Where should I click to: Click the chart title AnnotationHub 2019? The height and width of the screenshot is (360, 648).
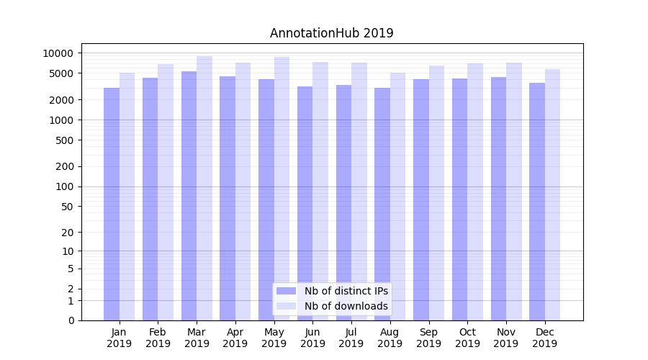[x=331, y=33]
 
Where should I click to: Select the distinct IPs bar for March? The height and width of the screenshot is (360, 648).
[x=189, y=194]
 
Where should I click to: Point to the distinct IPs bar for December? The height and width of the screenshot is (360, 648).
[x=537, y=201]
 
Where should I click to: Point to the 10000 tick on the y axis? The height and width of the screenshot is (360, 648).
[x=58, y=53]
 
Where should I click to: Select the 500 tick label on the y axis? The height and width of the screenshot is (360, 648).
[x=65, y=140]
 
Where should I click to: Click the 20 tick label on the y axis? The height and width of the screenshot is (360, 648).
[x=68, y=233]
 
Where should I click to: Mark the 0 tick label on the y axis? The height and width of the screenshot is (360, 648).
[x=71, y=320]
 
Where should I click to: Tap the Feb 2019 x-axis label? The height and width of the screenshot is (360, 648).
[x=158, y=338]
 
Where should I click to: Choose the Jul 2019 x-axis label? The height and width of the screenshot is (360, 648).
[x=351, y=338]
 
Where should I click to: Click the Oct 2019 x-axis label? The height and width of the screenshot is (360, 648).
[x=467, y=338]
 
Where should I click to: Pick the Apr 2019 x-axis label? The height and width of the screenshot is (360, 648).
[x=235, y=338]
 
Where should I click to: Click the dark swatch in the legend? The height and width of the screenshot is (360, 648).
[x=286, y=291]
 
